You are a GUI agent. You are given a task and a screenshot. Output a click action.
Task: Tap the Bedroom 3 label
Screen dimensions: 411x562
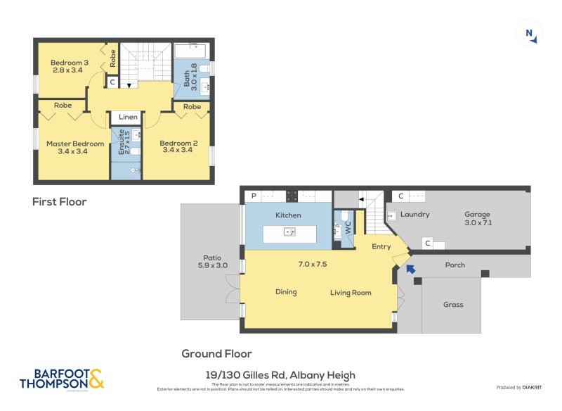click(70, 66)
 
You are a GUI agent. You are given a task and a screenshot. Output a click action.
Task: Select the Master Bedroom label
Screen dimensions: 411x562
click(75, 148)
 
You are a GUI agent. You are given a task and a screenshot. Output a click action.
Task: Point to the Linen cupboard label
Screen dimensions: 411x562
click(128, 117)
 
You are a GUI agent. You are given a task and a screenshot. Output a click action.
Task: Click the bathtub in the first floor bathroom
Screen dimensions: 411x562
click(189, 51)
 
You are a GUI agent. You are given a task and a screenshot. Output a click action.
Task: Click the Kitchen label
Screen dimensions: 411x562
click(288, 215)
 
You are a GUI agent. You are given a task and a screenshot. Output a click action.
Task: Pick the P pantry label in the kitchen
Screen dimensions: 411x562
click(251, 196)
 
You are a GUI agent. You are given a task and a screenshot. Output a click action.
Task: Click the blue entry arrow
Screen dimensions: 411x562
click(410, 267)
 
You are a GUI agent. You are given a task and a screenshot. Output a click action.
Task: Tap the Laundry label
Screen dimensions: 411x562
click(415, 214)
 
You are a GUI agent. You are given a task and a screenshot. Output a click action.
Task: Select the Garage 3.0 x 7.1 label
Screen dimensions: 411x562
click(477, 218)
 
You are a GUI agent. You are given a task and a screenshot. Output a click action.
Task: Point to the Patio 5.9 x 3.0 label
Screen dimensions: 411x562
click(212, 261)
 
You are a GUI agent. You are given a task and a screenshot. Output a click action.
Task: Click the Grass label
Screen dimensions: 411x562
click(453, 305)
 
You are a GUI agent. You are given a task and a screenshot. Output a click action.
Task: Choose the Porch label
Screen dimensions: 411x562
click(455, 265)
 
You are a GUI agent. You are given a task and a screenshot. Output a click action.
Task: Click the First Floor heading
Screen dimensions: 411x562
click(60, 202)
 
